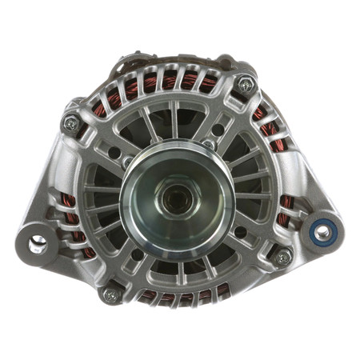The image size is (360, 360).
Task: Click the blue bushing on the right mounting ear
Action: pos(322,233)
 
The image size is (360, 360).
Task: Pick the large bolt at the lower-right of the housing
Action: pos(282,258)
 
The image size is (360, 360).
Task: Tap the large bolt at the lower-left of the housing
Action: pos(110,294)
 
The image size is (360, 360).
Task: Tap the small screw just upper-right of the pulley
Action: pos(209,145)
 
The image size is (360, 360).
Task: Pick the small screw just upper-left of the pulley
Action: pos(128,161)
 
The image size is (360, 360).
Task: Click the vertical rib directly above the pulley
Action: pos(174,120)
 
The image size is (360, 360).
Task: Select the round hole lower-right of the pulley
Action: pos(239,232)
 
